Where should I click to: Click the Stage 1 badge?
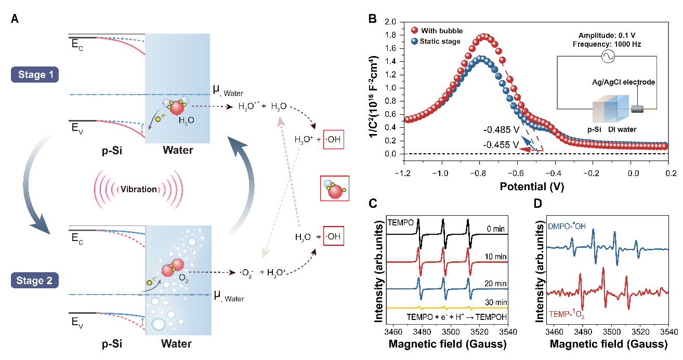(35, 75)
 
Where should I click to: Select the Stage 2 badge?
(35, 281)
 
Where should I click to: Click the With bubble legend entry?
(442, 31)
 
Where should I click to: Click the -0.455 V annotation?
(500, 146)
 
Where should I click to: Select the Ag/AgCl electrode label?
(624, 82)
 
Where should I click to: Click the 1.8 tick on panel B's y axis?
(390, 35)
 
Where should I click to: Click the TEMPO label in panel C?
(401, 222)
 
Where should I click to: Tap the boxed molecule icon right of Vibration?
(335, 188)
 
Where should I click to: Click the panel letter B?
(372, 19)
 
